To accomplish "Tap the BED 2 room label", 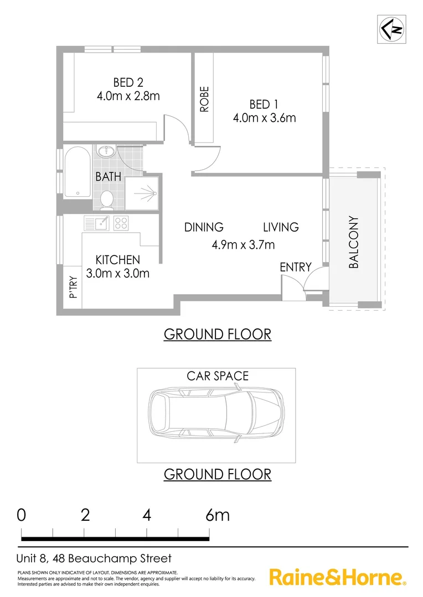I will click(128, 82).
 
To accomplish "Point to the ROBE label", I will click(204, 99).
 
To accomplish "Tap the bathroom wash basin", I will click(106, 152).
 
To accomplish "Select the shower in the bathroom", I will click(143, 194).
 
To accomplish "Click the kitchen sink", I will click(99, 223).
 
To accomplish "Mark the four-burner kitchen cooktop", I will click(121, 223).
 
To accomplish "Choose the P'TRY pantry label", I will click(73, 288).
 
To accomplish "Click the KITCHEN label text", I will click(117, 259).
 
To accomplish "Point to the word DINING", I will click(204, 227).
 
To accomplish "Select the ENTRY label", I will click(295, 267).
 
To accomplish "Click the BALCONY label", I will click(354, 242).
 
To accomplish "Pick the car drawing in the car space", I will click(216, 415).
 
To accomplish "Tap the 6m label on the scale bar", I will click(217, 515).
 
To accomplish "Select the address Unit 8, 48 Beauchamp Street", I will click(95, 559).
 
